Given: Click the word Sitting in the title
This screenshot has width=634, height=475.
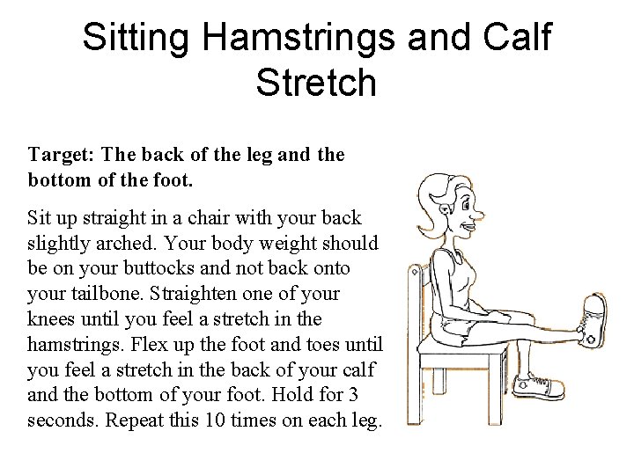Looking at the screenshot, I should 137,38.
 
